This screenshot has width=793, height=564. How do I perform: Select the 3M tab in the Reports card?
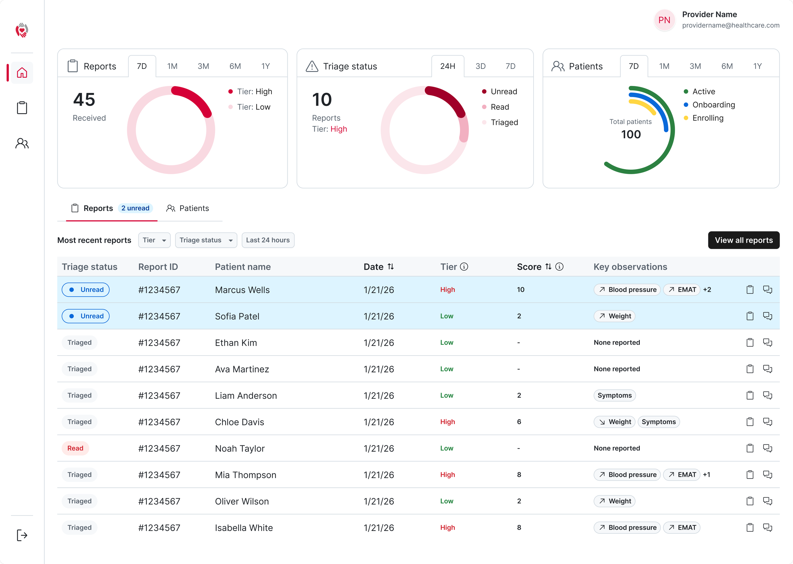pyautogui.click(x=203, y=66)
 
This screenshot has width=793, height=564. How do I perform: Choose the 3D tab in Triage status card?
pyautogui.click(x=480, y=66)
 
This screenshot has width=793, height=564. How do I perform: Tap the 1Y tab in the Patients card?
pyautogui.click(x=757, y=66)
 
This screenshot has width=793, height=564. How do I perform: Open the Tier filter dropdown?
pyautogui.click(x=154, y=240)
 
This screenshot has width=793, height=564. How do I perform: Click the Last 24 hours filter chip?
pyautogui.click(x=268, y=240)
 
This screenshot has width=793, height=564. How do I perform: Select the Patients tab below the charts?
pyautogui.click(x=187, y=208)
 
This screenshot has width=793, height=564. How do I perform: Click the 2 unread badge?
pyautogui.click(x=135, y=208)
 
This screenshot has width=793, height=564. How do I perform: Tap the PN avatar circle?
pyautogui.click(x=664, y=20)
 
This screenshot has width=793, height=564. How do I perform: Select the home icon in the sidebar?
pyautogui.click(x=22, y=73)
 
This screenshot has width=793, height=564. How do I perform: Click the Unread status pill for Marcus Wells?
pyautogui.click(x=85, y=290)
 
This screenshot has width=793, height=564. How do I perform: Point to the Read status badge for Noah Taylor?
pyautogui.click(x=75, y=448)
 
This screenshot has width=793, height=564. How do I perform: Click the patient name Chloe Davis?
pyautogui.click(x=239, y=422)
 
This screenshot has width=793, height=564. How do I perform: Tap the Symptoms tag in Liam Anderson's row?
pyautogui.click(x=614, y=395)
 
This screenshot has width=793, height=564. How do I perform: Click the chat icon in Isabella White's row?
pyautogui.click(x=767, y=527)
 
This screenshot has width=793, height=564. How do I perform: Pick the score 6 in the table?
pyautogui.click(x=519, y=422)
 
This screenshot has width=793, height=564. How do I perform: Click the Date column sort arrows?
pyautogui.click(x=390, y=266)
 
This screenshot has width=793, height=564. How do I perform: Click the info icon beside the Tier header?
pyautogui.click(x=464, y=266)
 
